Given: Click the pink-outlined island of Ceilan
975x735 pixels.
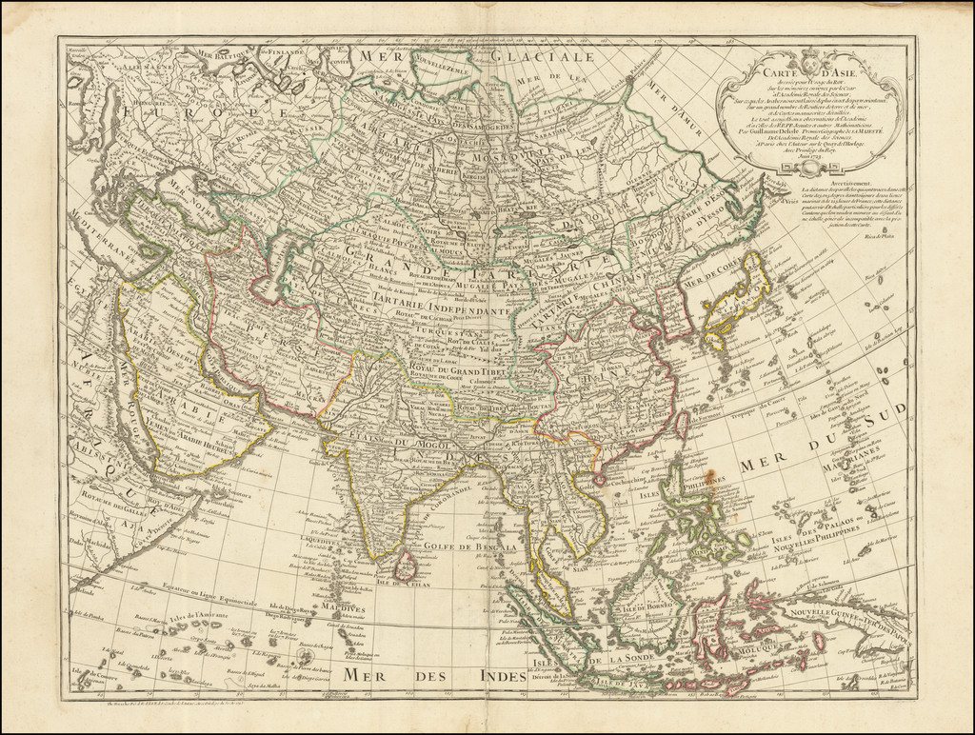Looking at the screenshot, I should (405, 566).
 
